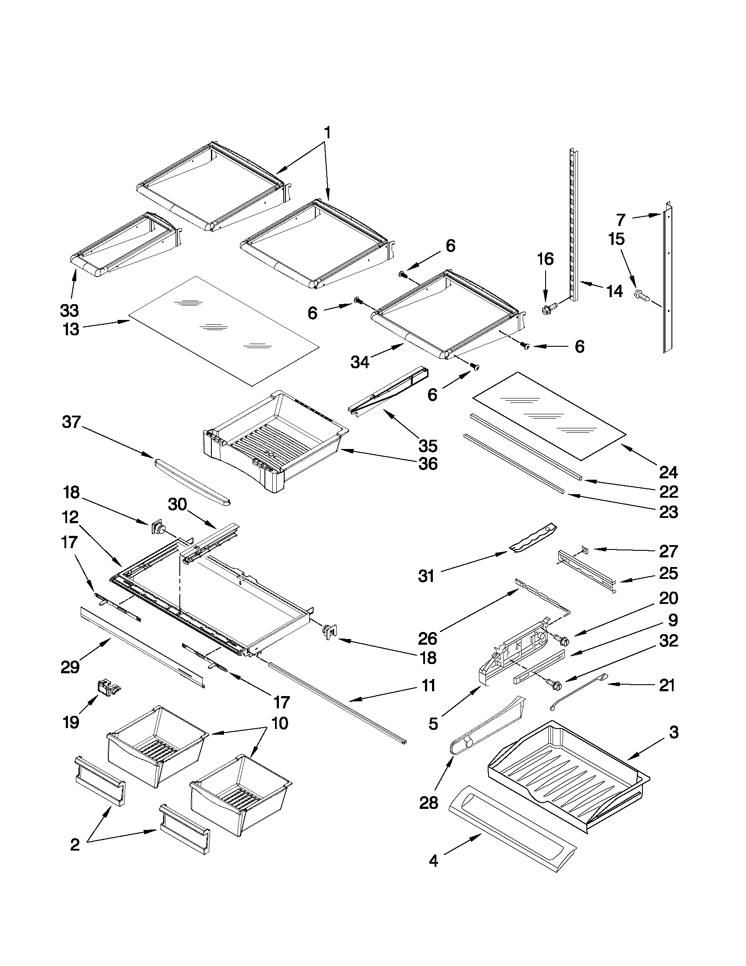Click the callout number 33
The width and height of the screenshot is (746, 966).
pos(69,310)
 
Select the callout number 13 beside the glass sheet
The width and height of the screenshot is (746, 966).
pos(71,329)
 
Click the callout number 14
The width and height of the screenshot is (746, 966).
pos(614,291)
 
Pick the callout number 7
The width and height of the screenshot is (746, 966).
pos(621,219)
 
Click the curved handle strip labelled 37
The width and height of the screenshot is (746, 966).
pos(192,480)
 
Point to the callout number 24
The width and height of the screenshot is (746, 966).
pos(668,472)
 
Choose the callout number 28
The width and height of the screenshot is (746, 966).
pos(428,802)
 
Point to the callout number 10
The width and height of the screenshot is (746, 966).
pos(280,723)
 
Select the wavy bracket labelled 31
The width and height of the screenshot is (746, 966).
pos(532,538)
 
